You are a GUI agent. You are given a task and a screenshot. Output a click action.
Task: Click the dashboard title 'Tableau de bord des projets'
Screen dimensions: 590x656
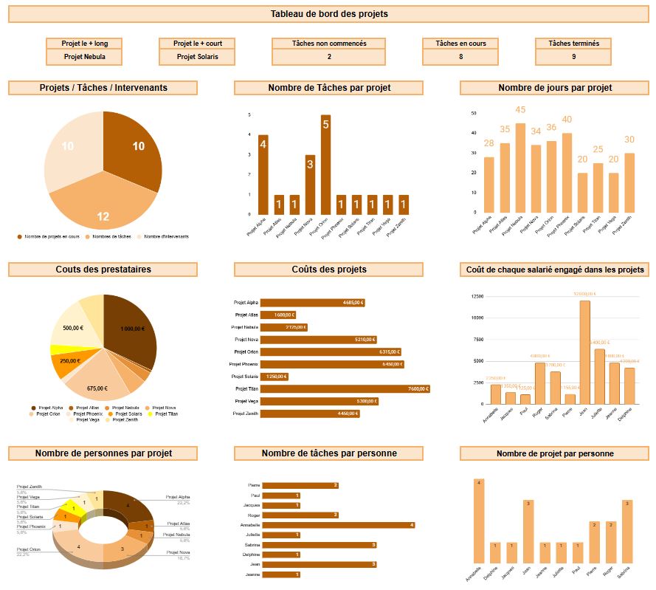328,13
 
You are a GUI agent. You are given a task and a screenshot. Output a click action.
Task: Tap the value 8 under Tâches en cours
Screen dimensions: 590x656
460,57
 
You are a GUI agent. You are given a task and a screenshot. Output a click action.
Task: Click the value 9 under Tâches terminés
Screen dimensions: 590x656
573,57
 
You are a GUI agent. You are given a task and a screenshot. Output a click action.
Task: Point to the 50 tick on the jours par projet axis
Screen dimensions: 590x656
473,114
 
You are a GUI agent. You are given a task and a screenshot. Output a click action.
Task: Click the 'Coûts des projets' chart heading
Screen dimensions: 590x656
328,270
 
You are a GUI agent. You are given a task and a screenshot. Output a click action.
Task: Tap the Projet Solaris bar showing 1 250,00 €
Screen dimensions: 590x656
274,377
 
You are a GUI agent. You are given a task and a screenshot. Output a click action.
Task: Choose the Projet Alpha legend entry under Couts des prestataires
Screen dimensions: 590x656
50,408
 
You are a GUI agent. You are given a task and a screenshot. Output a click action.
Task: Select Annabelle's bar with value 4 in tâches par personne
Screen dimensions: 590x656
338,525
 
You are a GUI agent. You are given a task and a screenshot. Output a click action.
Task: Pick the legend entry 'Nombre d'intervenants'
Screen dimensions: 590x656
165,237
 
